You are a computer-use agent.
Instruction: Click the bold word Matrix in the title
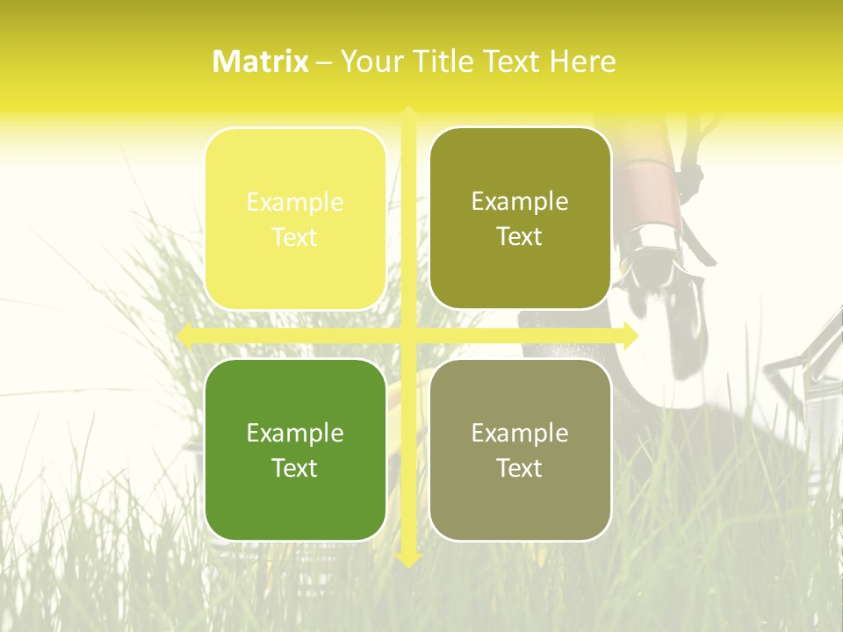pyautogui.click(x=260, y=61)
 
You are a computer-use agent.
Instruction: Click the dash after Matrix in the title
pyautogui.click(x=324, y=62)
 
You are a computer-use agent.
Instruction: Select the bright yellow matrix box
pyautogui.click(x=295, y=219)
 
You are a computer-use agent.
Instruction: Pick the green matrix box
pyautogui.click(x=295, y=449)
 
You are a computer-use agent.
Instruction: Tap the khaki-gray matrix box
pyautogui.click(x=520, y=449)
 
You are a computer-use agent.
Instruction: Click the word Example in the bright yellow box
pyautogui.click(x=295, y=202)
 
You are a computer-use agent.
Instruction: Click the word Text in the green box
pyautogui.click(x=295, y=468)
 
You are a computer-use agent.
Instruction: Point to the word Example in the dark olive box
pyautogui.click(x=520, y=201)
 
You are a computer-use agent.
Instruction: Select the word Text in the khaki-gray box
pyautogui.click(x=520, y=468)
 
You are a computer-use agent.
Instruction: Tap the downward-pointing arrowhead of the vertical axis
pyautogui.click(x=407, y=559)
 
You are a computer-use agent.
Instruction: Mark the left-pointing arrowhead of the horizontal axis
pyautogui.click(x=185, y=335)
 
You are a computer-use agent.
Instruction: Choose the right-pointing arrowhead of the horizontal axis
pyautogui.click(x=630, y=335)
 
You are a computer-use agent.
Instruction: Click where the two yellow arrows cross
pyautogui.click(x=407, y=335)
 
